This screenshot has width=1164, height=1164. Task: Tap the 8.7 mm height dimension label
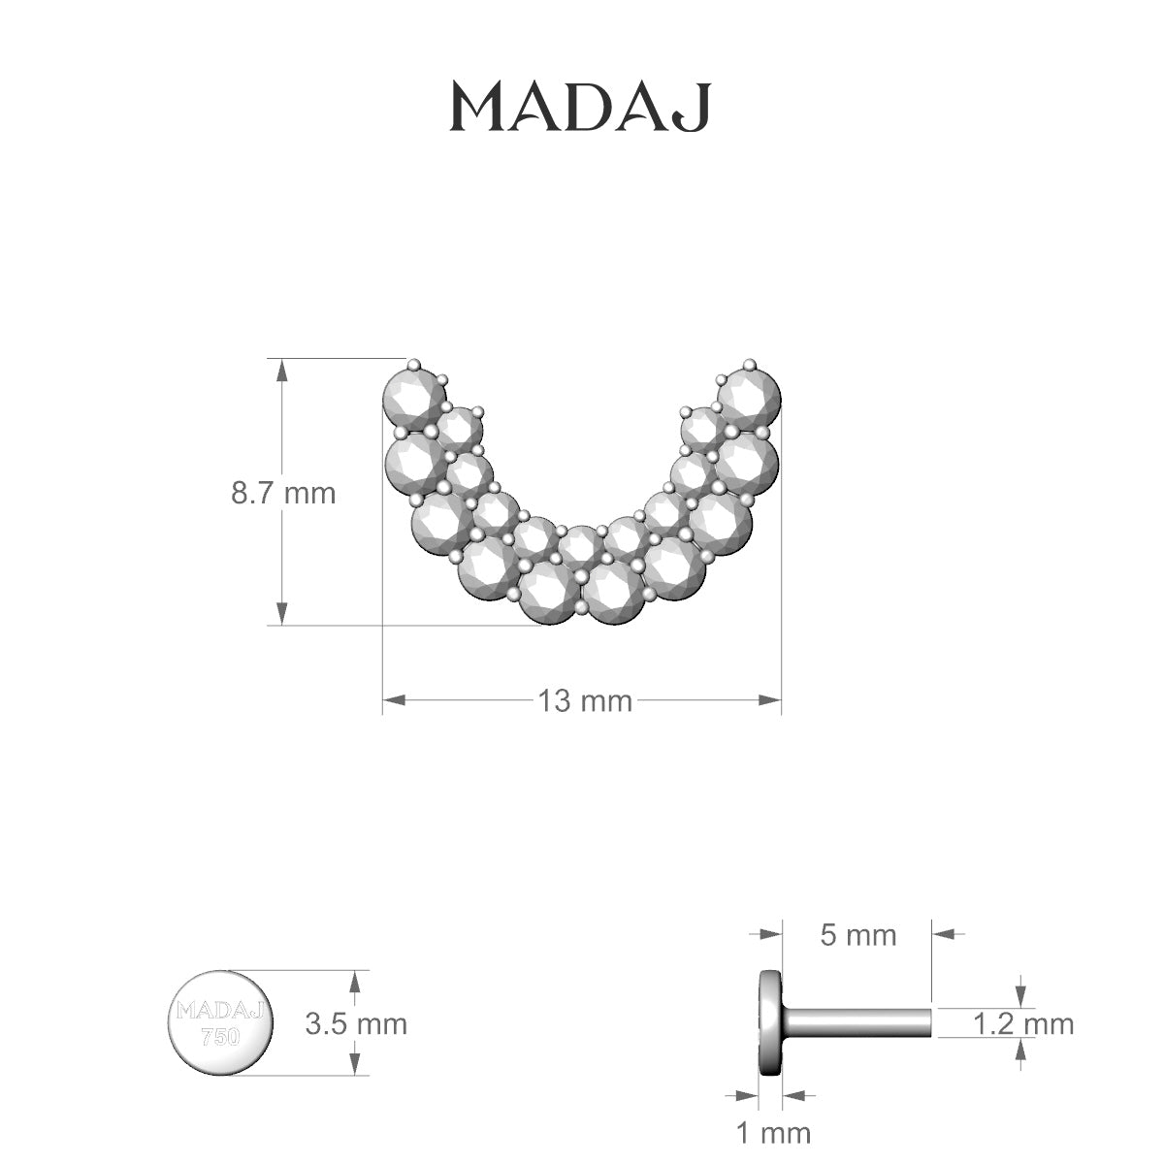point(282,493)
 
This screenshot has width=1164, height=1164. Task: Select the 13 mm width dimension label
point(585,700)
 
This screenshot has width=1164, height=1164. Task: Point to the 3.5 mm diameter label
point(356,1023)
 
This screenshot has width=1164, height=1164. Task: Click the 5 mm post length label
point(857,935)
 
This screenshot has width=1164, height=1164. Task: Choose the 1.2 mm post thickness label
point(1023,1023)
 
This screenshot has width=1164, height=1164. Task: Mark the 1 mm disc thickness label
point(773,1132)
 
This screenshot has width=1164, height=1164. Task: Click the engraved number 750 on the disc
point(220,1036)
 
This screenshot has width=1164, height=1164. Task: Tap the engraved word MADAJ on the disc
point(220,1011)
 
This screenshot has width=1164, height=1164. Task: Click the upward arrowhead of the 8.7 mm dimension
point(282,370)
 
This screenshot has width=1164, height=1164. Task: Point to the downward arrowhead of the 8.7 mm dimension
point(282,614)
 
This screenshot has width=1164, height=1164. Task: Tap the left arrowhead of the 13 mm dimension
point(393,699)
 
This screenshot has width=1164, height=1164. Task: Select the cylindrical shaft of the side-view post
point(858,1021)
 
